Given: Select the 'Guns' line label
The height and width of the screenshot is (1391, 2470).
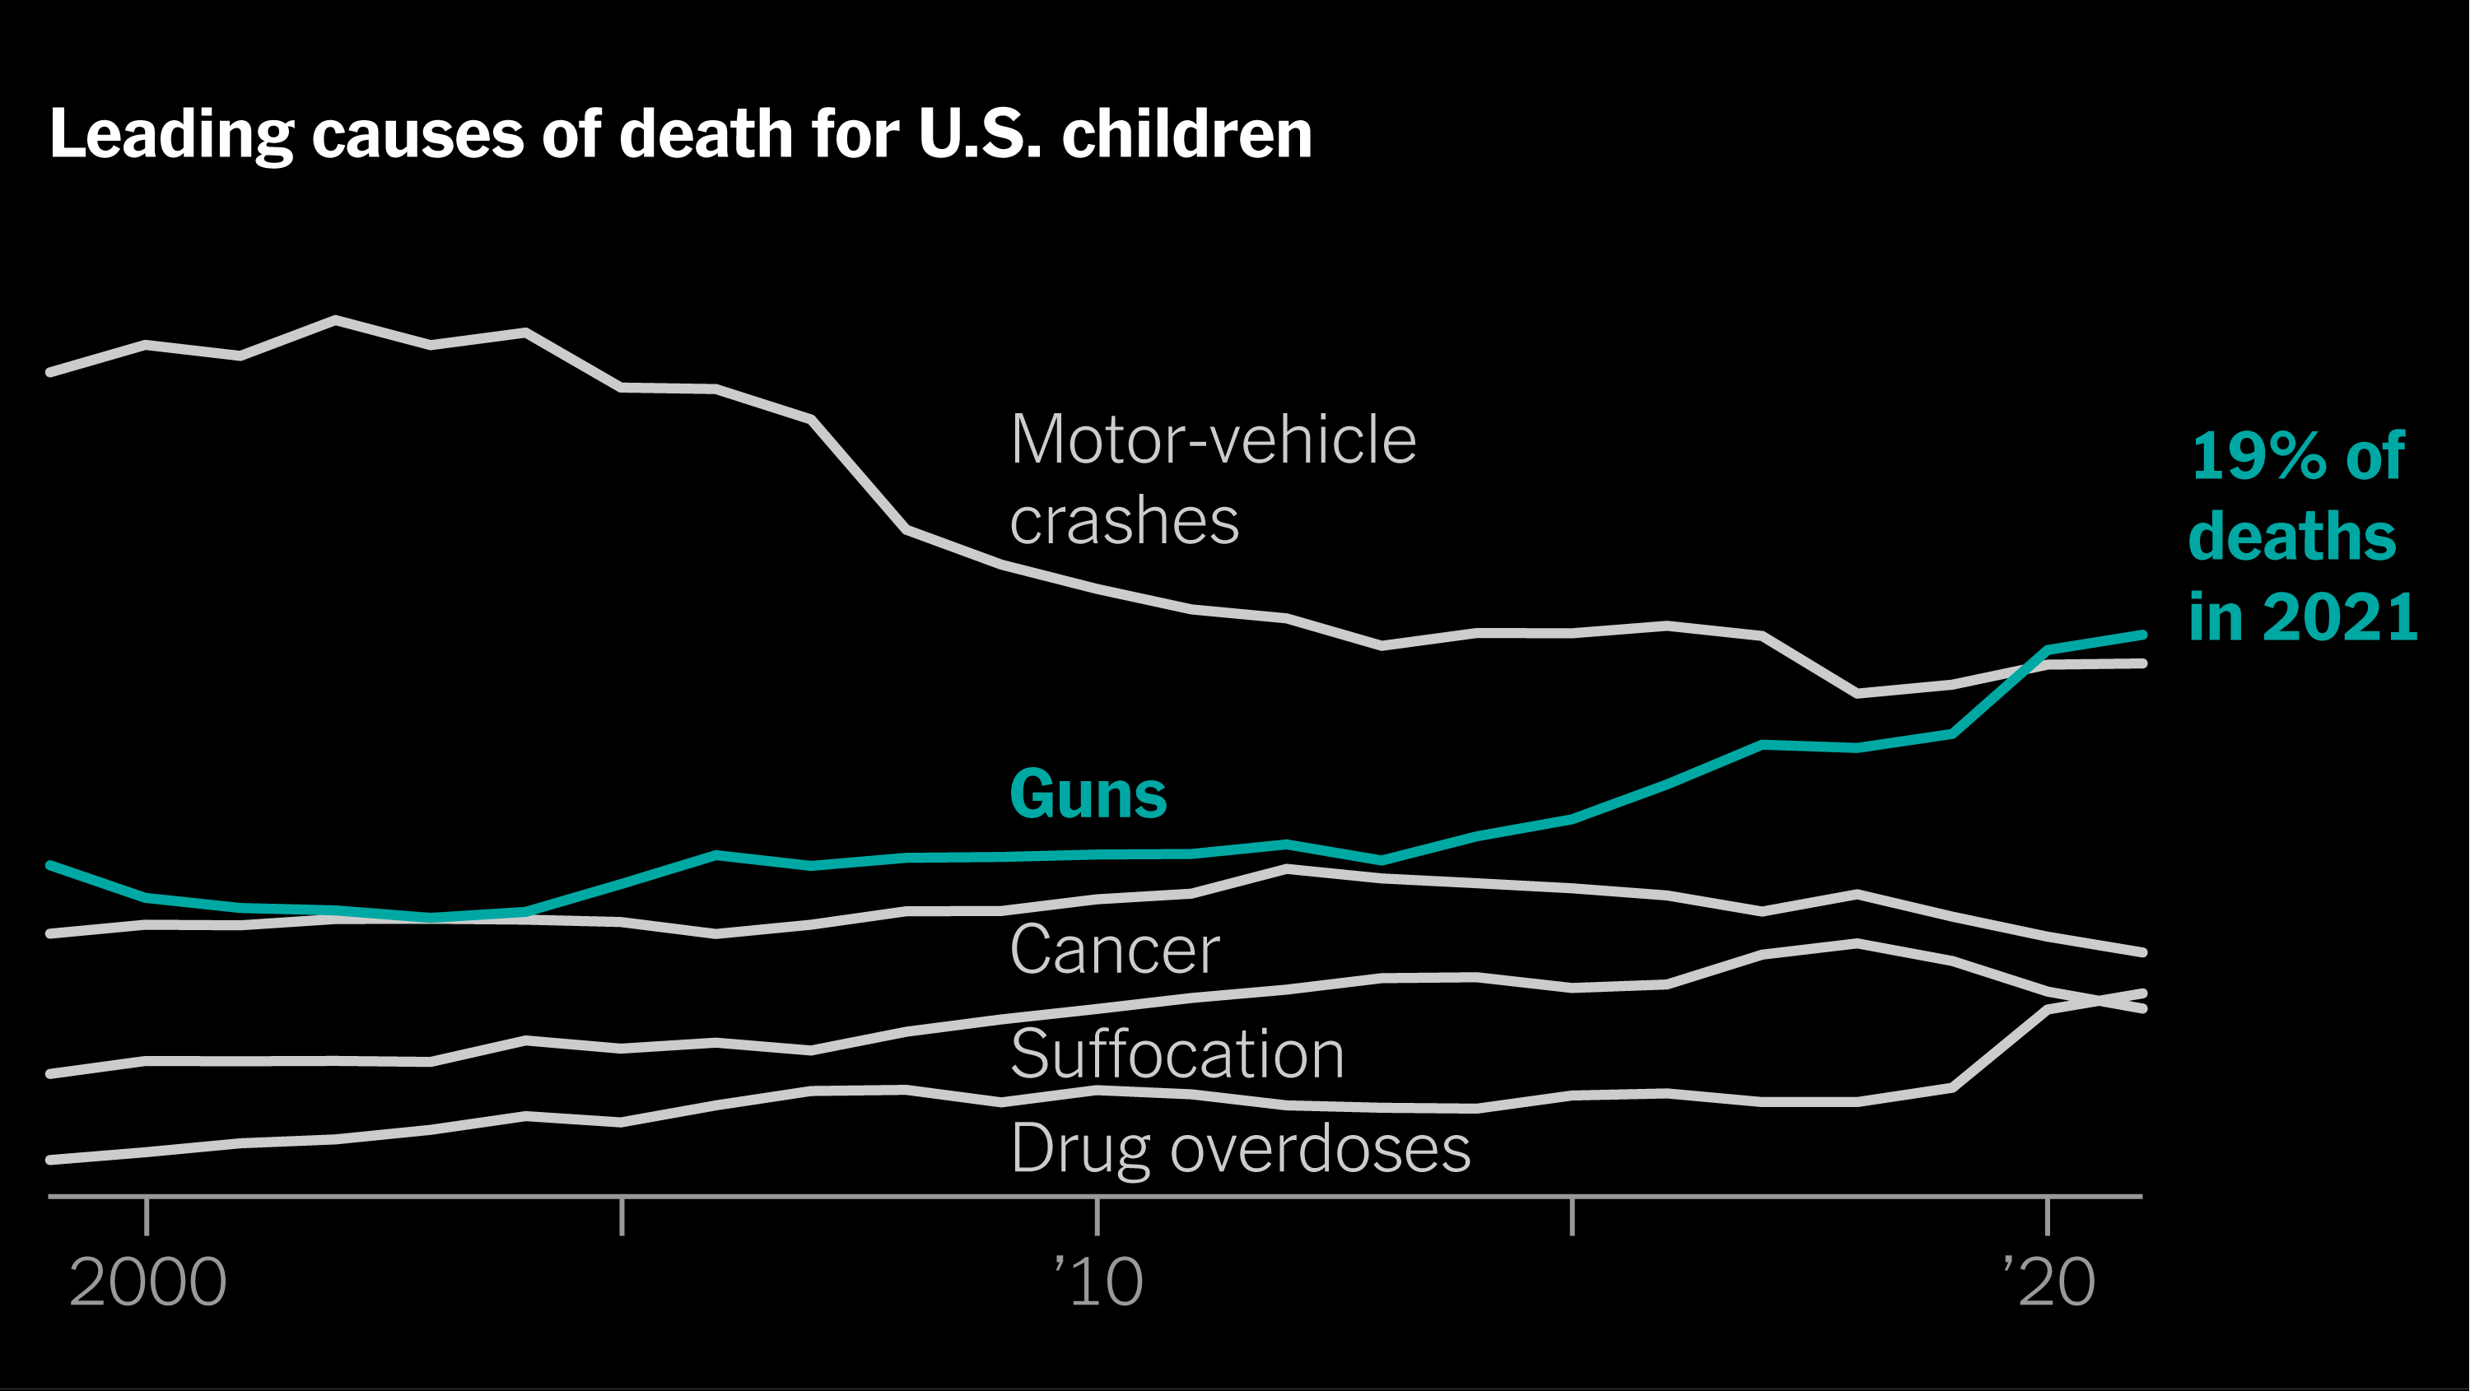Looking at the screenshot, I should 1088,795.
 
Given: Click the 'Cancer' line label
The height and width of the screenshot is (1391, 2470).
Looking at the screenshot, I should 1115,950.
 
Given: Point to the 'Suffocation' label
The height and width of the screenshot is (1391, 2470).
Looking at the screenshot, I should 1177,1054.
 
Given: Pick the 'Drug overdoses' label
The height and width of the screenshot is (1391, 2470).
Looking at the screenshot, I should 1241,1147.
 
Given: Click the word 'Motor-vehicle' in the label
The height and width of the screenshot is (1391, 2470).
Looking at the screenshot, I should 1213,440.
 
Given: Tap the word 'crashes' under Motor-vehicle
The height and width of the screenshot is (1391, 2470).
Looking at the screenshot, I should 1124,522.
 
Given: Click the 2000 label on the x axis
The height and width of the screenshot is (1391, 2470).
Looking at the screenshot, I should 147,1282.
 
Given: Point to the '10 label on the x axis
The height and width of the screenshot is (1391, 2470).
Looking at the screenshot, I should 1099,1282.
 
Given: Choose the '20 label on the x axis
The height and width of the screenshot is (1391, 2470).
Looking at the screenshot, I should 2048,1282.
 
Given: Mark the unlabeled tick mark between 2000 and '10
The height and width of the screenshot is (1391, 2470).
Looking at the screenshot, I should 622,1216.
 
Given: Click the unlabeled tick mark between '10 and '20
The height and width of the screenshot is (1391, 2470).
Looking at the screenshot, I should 1573,1216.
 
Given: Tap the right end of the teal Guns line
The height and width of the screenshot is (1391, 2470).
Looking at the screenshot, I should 2142,635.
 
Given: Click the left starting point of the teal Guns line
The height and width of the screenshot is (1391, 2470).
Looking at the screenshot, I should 51,866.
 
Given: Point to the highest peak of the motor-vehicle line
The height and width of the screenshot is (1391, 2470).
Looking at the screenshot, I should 336,319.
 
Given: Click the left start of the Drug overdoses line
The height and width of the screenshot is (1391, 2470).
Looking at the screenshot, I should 51,1160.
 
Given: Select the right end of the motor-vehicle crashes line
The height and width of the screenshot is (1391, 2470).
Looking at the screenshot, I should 2142,663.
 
